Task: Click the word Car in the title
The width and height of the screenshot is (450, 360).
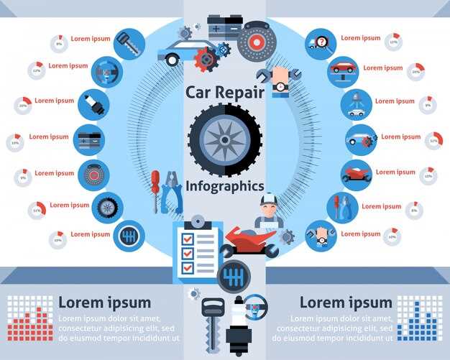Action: [x=200, y=93]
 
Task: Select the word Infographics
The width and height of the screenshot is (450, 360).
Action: [x=224, y=186]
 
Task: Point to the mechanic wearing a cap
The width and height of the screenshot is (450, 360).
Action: [x=269, y=211]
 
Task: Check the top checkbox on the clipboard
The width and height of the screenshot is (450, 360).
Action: [x=188, y=238]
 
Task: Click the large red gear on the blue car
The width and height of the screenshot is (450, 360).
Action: [x=206, y=58]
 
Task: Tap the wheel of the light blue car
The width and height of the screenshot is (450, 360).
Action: [x=173, y=60]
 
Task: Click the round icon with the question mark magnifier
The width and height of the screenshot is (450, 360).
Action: [x=320, y=43]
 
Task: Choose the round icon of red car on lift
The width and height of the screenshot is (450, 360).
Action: [x=342, y=69]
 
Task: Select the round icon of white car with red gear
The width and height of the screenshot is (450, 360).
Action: [x=359, y=138]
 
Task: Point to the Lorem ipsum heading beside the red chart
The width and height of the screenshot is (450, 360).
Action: [x=104, y=303]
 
